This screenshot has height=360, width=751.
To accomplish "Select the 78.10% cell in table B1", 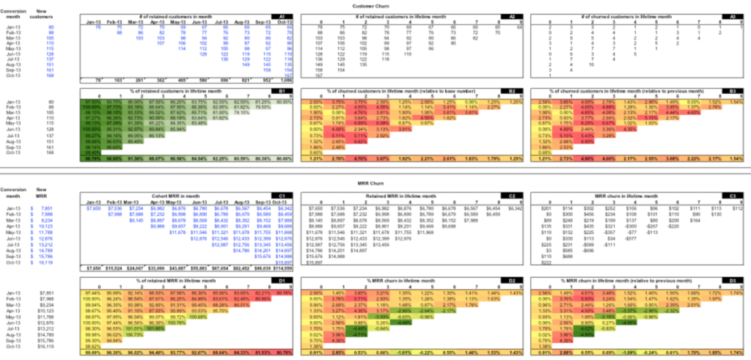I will [x=219, y=113].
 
